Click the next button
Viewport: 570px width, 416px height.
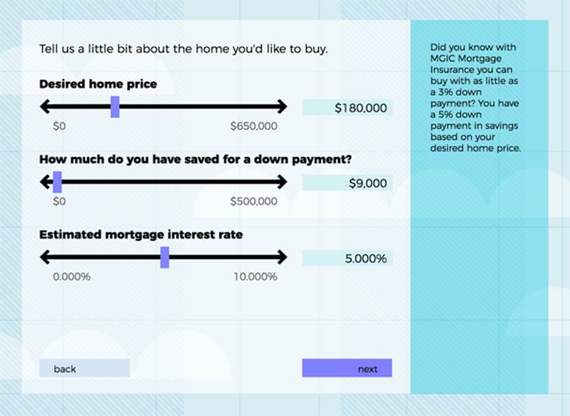click(x=347, y=368)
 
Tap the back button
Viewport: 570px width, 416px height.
click(x=84, y=368)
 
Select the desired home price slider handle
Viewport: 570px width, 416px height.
click(x=115, y=107)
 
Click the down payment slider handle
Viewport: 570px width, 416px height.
click(x=57, y=182)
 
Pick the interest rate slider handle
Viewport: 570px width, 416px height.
click(x=165, y=257)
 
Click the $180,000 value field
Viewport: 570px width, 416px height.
click(x=347, y=107)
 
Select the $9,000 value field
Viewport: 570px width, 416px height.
click(x=347, y=183)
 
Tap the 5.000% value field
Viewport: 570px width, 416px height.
click(x=347, y=258)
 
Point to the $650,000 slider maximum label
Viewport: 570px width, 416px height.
click(x=254, y=126)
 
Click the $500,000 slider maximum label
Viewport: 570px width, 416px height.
click(x=254, y=201)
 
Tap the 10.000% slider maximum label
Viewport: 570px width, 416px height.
click(x=255, y=276)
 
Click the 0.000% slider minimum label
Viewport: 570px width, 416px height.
click(x=72, y=276)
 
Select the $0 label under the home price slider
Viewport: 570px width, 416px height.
click(x=60, y=126)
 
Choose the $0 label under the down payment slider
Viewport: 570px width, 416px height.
click(x=60, y=201)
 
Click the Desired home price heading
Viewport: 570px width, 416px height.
click(x=98, y=84)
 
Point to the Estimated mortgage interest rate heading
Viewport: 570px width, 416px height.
click(x=141, y=234)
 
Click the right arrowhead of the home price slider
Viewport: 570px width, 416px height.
click(x=283, y=107)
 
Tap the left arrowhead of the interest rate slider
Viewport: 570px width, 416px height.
click(x=45, y=257)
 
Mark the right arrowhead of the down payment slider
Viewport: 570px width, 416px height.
click(x=283, y=182)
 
